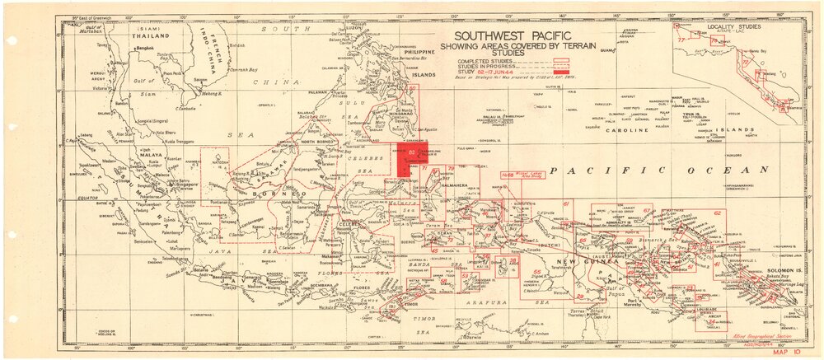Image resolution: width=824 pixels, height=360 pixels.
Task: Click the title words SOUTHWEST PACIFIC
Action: pyautogui.click(x=504, y=35)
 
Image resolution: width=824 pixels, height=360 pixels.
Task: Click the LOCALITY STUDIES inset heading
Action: pyautogui.click(x=733, y=27)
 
